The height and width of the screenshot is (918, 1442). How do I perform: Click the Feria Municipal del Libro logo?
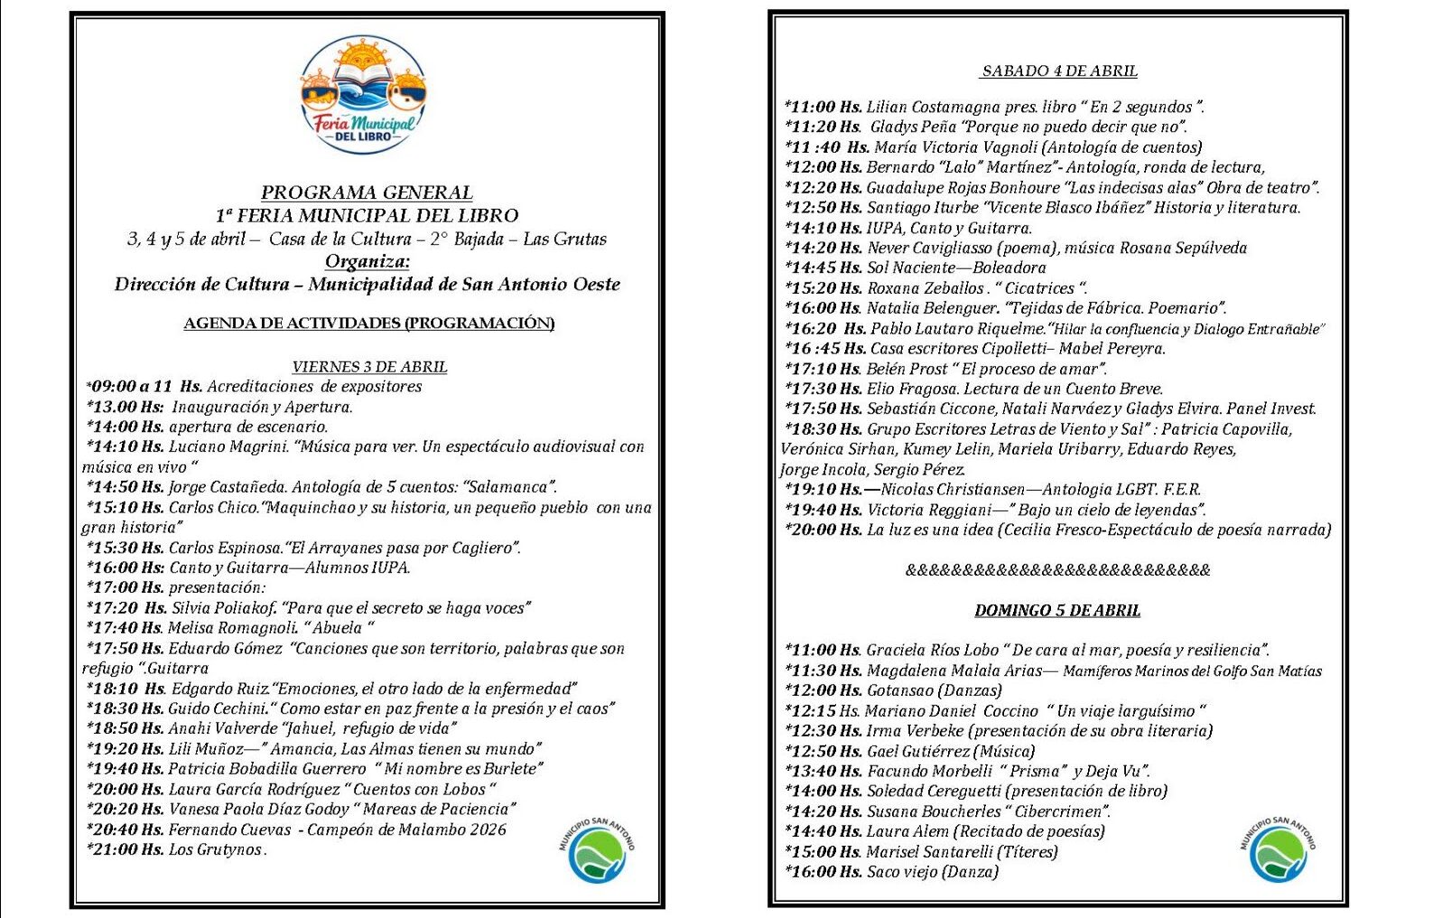coord(363,95)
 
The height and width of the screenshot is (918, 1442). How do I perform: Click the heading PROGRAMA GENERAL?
coord(367,192)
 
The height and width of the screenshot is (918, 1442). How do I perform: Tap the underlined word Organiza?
coord(367,261)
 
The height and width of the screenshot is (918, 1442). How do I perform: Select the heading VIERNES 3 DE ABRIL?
coord(369,367)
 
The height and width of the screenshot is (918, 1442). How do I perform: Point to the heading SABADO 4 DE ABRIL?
coord(1059,71)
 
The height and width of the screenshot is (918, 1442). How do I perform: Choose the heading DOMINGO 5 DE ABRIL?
coord(1056,611)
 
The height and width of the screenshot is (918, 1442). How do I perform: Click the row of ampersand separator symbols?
coord(1057,570)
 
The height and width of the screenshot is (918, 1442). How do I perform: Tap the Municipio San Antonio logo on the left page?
coord(597,850)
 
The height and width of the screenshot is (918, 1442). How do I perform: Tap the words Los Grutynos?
coord(217,850)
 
